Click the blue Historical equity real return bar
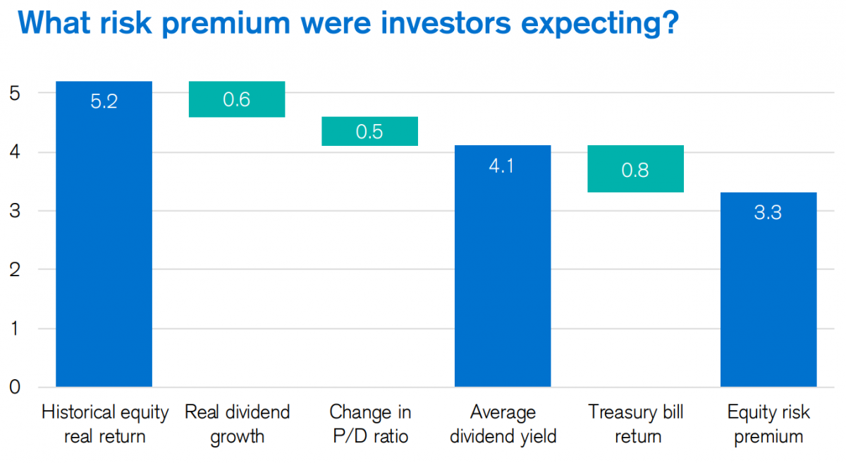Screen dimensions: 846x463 pyautogui.click(x=104, y=234)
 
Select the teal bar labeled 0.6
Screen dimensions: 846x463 pyautogui.click(x=237, y=99)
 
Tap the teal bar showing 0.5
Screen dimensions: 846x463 pyautogui.click(x=369, y=131)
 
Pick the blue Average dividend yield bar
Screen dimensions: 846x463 pyautogui.click(x=503, y=266)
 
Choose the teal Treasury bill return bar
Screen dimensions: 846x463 pyautogui.click(x=636, y=169)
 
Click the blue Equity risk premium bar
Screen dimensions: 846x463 pyautogui.click(x=768, y=290)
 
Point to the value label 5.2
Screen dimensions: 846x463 pyautogui.click(x=104, y=101)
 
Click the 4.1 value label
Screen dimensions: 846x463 pyautogui.click(x=501, y=166)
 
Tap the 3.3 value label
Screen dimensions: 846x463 pyautogui.click(x=768, y=212)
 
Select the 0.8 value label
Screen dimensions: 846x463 pyautogui.click(x=635, y=170)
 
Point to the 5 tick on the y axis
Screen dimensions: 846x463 pyautogui.click(x=15, y=93)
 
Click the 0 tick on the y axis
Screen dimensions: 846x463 pyautogui.click(x=15, y=387)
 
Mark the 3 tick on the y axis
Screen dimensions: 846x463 pyautogui.click(x=15, y=210)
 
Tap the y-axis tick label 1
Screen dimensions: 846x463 pyautogui.click(x=15, y=328)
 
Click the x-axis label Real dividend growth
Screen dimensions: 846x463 pyautogui.click(x=237, y=424)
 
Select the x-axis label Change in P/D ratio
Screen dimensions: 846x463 pyautogui.click(x=370, y=424)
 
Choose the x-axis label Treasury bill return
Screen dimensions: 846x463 pyautogui.click(x=636, y=424)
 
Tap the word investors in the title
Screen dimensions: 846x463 pyautogui.click(x=446, y=23)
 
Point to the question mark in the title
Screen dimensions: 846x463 pyautogui.click(x=669, y=23)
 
